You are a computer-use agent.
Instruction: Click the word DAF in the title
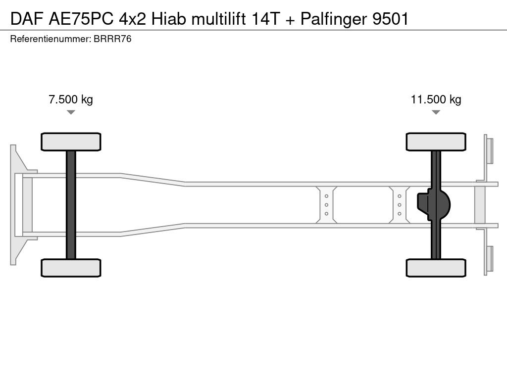click(x=27, y=19)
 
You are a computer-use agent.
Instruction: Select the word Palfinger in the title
click(x=334, y=19)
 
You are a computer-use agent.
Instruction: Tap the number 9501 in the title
click(x=391, y=19)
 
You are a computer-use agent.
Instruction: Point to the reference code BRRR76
click(x=112, y=39)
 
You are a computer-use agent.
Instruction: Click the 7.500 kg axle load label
click(x=71, y=99)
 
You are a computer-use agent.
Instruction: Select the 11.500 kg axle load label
click(x=436, y=99)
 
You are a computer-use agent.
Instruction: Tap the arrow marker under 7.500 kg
click(x=71, y=112)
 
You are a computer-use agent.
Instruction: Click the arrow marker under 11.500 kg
click(x=436, y=112)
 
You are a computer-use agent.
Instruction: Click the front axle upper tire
click(x=71, y=142)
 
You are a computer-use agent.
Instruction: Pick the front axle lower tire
click(x=71, y=268)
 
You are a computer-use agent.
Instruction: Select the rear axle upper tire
click(x=436, y=142)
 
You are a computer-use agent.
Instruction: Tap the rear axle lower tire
click(x=436, y=268)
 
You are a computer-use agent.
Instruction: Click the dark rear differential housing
click(x=433, y=205)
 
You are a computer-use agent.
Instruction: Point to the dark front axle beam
click(x=71, y=205)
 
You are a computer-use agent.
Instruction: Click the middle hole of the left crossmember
click(x=327, y=205)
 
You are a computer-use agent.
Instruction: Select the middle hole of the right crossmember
click(x=400, y=205)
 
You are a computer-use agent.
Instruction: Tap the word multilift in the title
click(x=218, y=19)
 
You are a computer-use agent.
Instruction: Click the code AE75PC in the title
click(x=81, y=19)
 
